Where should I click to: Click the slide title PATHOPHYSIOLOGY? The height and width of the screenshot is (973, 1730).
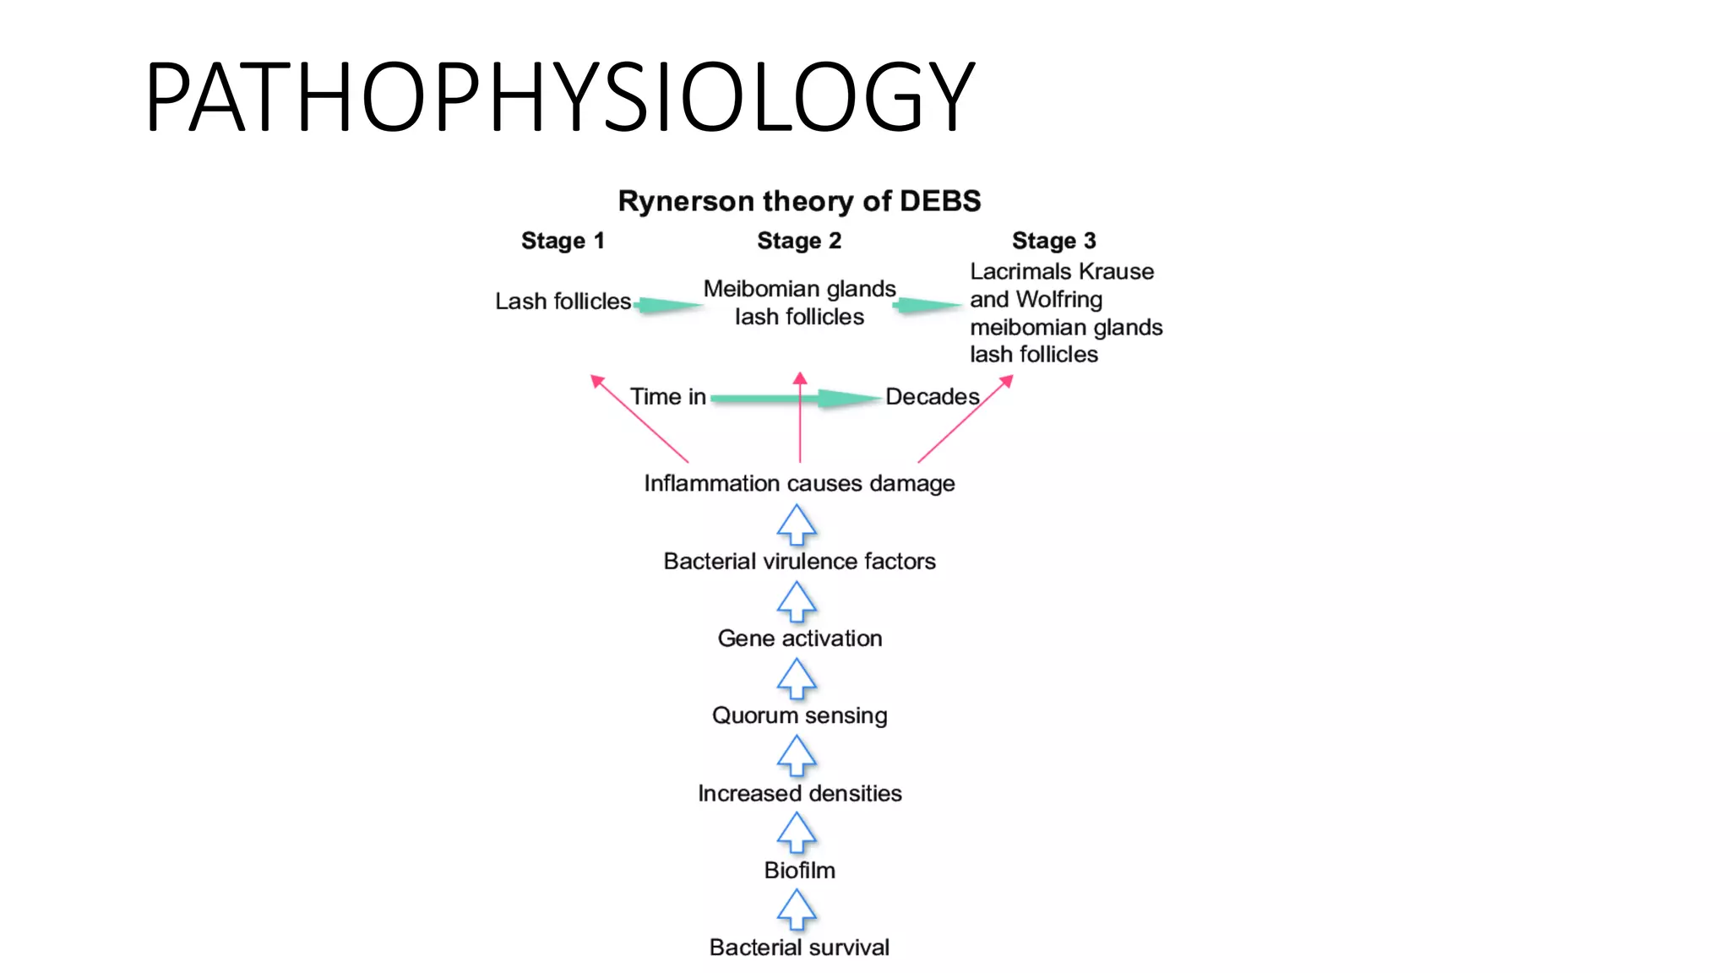click(x=559, y=97)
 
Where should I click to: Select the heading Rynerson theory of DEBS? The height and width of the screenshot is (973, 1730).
click(x=799, y=201)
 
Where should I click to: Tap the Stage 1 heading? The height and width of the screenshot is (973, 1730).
click(x=563, y=241)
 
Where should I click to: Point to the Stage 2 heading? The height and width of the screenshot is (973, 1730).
click(x=799, y=241)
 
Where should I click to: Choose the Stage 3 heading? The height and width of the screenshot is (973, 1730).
click(x=1053, y=241)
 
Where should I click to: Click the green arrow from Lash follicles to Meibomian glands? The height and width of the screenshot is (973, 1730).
click(x=667, y=305)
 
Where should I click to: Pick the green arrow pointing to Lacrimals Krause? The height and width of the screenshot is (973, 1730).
click(x=928, y=305)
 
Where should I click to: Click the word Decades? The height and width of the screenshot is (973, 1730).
click(x=932, y=396)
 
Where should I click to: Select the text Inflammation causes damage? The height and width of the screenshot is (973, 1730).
click(x=799, y=483)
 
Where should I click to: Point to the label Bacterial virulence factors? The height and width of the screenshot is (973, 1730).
click(x=799, y=561)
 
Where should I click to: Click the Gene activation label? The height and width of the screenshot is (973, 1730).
click(x=799, y=638)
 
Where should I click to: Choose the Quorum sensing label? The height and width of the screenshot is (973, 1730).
click(x=799, y=715)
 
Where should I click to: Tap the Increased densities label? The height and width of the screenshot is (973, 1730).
click(x=799, y=793)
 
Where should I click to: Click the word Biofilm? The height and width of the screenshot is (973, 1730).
click(x=799, y=870)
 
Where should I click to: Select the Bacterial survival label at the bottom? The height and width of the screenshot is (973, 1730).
click(x=799, y=947)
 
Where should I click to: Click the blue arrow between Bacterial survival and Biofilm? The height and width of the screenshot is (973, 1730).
click(x=797, y=910)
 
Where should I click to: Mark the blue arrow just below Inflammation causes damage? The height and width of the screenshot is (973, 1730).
click(x=797, y=525)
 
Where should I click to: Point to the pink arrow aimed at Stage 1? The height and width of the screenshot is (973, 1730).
click(x=639, y=418)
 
